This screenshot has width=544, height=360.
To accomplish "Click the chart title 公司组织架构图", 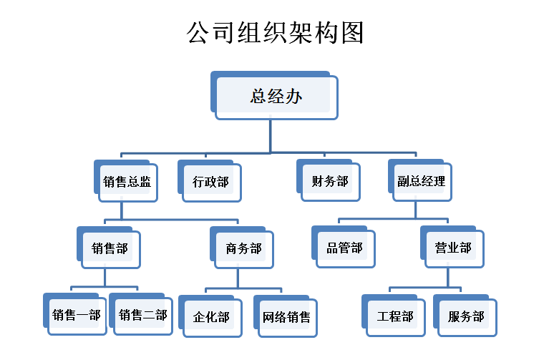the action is point(275,33).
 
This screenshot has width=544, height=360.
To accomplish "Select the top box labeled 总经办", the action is point(274,95).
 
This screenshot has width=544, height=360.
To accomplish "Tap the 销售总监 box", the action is point(126,181).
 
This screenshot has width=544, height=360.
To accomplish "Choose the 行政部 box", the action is point(210,181).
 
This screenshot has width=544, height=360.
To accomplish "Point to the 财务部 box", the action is point(329,180).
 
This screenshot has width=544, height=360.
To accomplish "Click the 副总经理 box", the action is point(420,180).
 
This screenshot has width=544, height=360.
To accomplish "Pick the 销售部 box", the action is point(109,248).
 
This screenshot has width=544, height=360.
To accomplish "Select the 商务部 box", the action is point(242,248).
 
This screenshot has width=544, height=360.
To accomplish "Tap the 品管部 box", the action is point(344,247).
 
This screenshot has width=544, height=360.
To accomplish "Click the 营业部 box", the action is point(452,247).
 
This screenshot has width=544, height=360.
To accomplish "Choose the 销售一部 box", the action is point(75,314).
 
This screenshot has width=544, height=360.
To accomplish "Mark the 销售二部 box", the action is point(141,314).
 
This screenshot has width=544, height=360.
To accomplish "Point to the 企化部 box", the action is point(210,316).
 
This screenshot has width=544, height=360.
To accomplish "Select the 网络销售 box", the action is point(286,316).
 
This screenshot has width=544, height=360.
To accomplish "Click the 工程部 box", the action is point(394,316).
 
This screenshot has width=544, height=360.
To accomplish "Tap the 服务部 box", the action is point(465,316).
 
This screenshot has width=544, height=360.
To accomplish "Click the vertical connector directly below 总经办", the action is point(271,136).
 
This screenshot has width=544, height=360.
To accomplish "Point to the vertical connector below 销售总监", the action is point(122,211).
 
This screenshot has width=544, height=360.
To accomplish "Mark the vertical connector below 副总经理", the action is point(415,210).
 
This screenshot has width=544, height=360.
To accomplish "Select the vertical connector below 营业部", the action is point(448,278).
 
